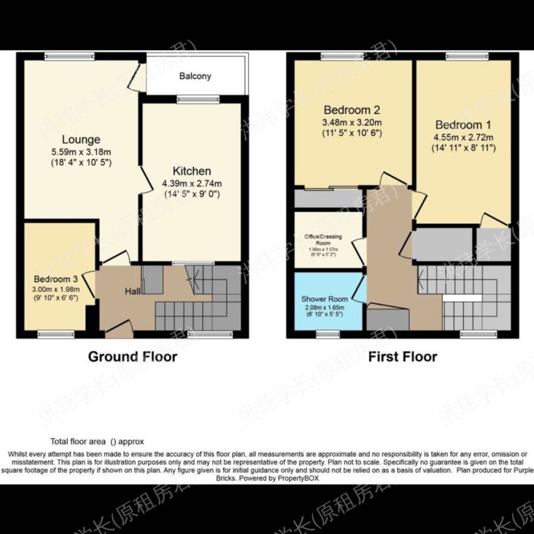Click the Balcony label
tap(195, 76)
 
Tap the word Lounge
tap(81, 140)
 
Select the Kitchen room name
tap(192, 171)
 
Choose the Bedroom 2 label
tap(353, 110)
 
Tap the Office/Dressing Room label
tap(328, 240)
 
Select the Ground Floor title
tap(132, 357)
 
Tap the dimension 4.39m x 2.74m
tap(192, 184)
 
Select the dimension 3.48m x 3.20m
tap(353, 122)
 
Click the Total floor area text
tap(87, 441)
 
